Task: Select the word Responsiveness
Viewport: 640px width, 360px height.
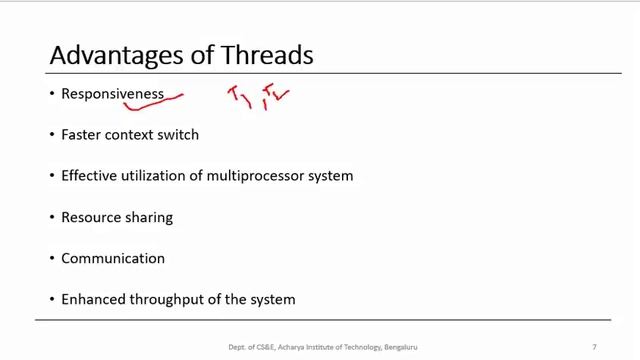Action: tap(112, 93)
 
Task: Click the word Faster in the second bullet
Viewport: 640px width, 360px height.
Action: tap(81, 135)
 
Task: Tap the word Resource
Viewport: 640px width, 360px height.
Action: tap(90, 217)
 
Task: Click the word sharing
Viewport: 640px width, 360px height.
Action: tap(148, 217)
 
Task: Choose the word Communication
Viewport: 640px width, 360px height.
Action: tap(112, 258)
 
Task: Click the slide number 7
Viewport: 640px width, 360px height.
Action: tap(594, 347)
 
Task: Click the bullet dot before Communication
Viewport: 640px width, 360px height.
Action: tap(52, 258)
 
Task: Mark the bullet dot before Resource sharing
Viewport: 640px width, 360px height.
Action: tap(52, 217)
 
